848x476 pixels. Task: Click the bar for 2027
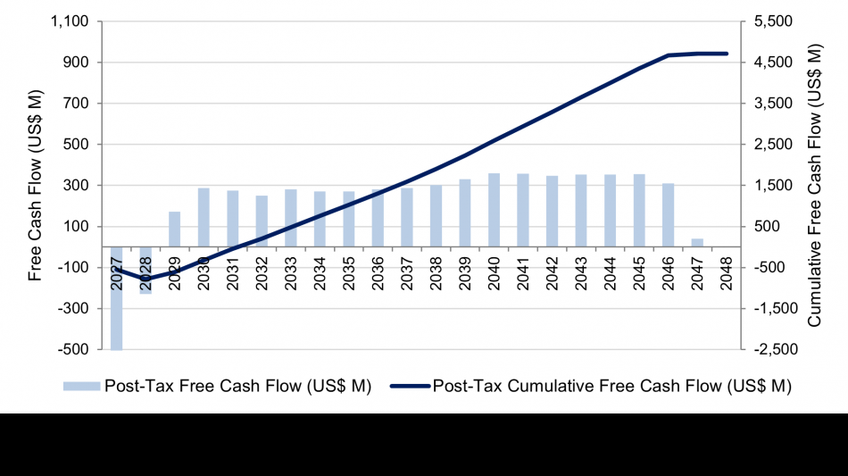pos(117,298)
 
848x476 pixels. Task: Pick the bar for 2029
pos(175,229)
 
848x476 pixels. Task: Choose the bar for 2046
pos(669,215)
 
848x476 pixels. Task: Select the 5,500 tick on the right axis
pos(776,21)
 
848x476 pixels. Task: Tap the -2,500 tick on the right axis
pos(773,349)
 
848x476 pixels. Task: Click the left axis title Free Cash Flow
pos(36,186)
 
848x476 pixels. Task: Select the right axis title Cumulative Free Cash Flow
pos(815,186)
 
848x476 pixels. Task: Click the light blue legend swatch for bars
pos(82,387)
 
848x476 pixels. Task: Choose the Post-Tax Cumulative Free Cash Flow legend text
pos(611,387)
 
